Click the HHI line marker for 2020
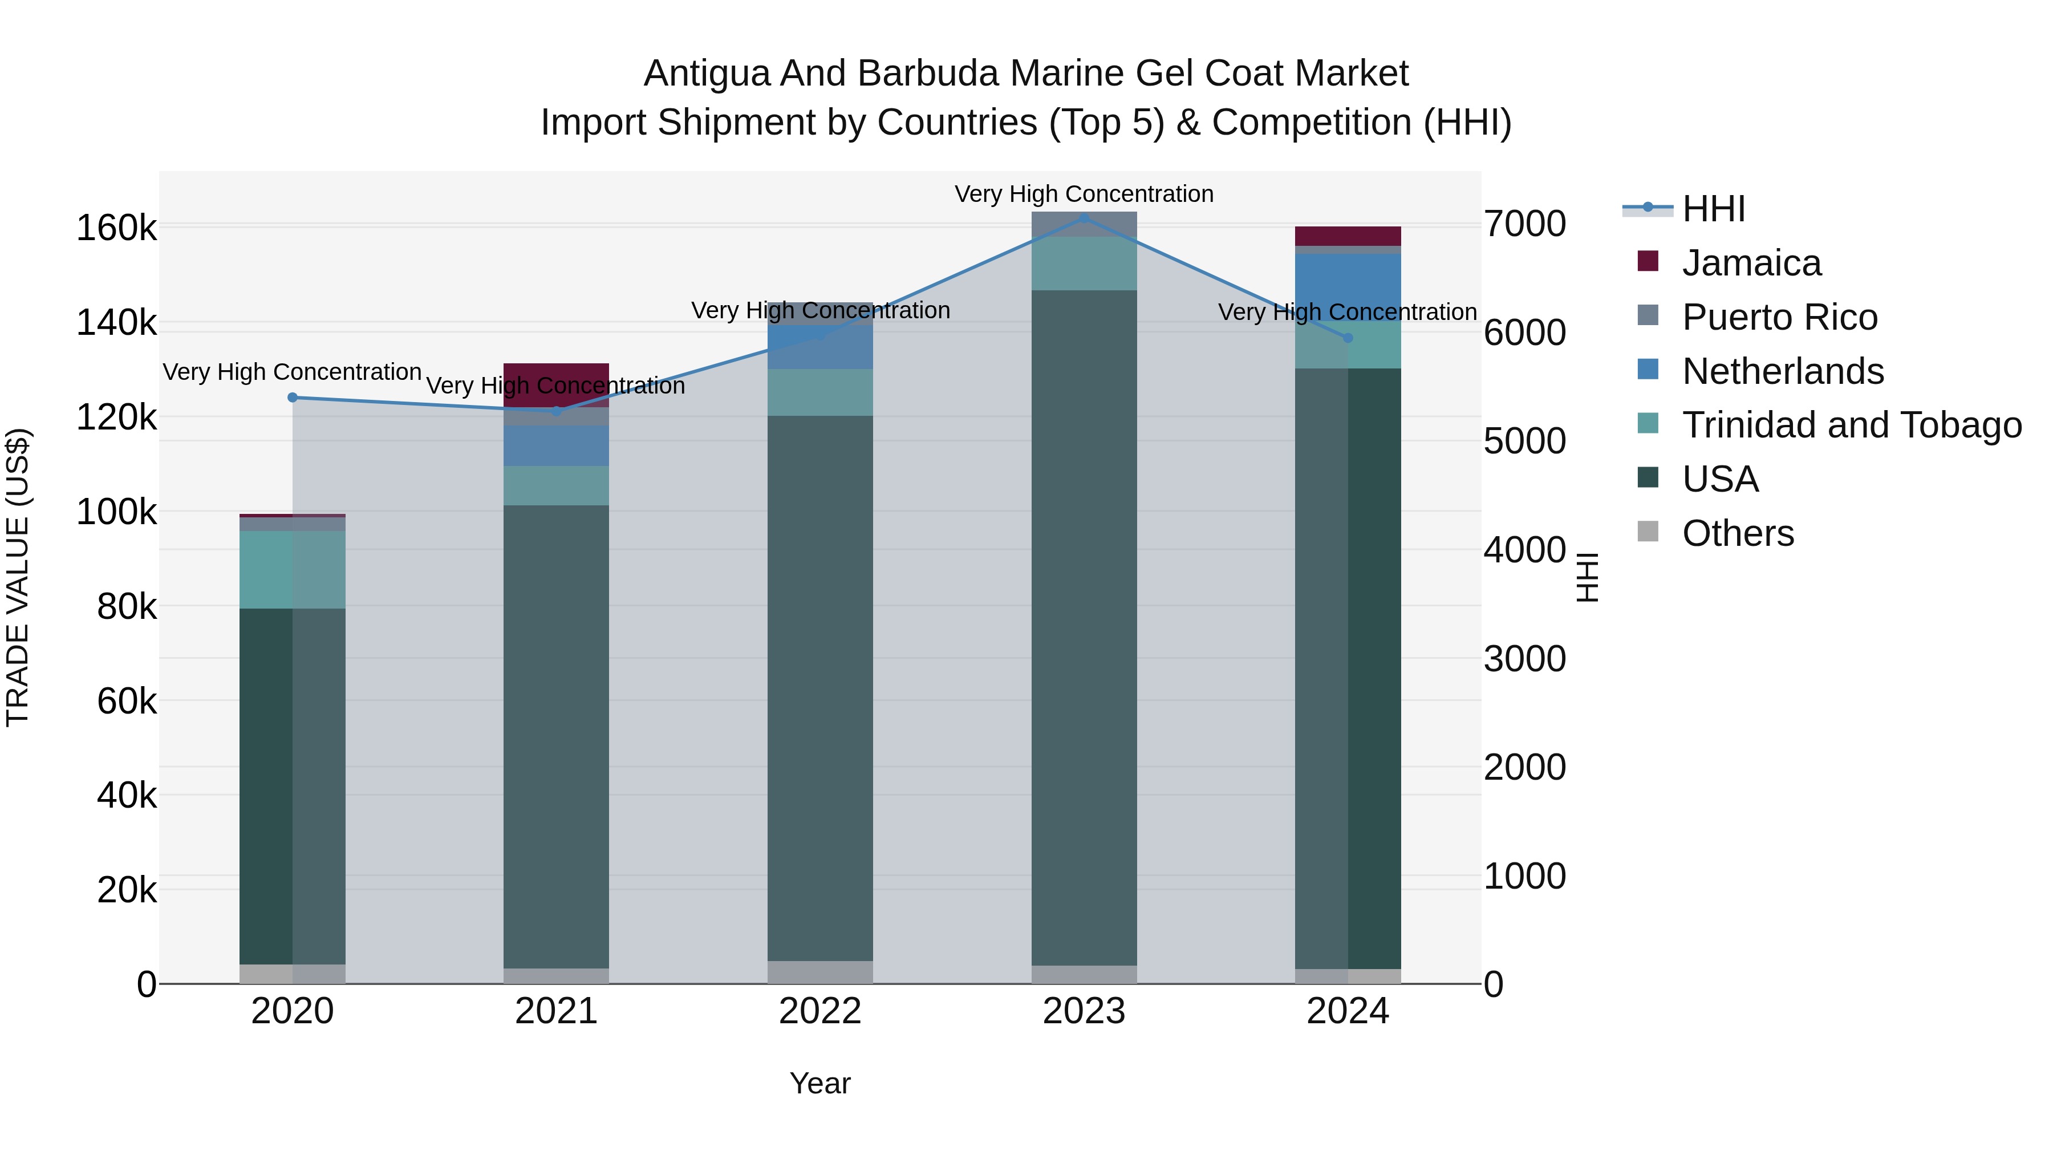point(293,397)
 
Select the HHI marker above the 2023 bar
point(1084,218)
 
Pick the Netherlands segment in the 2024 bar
point(1348,283)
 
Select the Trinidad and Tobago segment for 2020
point(293,569)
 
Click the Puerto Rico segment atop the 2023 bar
point(1084,224)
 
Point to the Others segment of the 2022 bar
point(820,972)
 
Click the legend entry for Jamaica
point(1751,263)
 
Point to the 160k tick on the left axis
point(116,229)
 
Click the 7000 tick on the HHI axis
point(1524,224)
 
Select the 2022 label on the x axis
point(820,1011)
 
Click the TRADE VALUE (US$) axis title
point(18,577)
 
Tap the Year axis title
point(820,1083)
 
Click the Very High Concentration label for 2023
point(1084,194)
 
